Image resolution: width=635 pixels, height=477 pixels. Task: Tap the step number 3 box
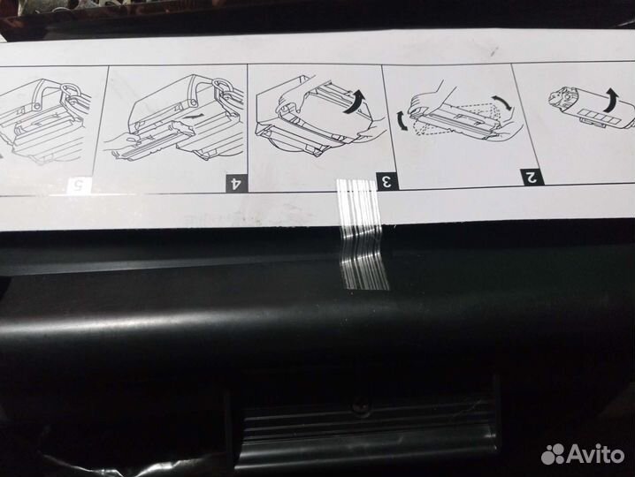386,182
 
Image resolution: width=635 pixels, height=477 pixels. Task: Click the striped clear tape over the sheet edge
364,234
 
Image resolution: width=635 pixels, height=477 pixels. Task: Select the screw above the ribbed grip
360,406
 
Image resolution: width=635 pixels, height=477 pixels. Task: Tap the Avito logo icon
554,454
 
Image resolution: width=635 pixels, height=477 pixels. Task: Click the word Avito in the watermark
596,454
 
